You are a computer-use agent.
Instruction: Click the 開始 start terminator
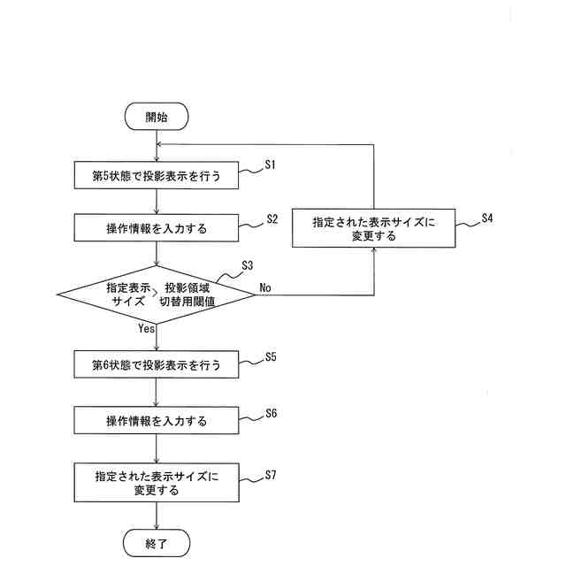(156, 115)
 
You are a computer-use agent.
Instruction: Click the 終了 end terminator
(156, 542)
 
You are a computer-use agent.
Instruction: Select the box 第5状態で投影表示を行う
(156, 175)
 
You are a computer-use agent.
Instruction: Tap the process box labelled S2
(156, 228)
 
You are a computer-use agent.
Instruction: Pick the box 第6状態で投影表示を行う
(156, 364)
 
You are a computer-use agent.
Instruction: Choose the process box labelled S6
(156, 420)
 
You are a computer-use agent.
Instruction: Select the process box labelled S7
(156, 482)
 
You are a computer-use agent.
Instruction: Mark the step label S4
(487, 218)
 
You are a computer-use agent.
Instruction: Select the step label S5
(272, 357)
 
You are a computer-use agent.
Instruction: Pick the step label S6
(272, 413)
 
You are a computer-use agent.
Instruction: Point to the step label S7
(272, 475)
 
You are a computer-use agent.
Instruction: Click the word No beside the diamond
(266, 287)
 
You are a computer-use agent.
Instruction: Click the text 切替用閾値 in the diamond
(192, 302)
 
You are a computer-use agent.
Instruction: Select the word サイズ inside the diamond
(127, 302)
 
